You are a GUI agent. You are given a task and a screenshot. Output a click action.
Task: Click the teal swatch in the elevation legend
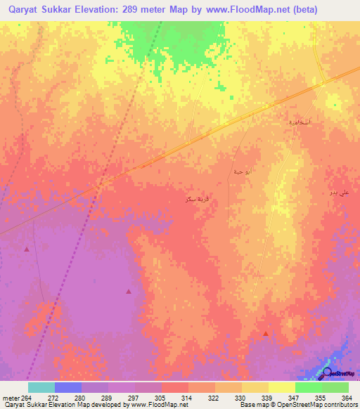coord(41,387)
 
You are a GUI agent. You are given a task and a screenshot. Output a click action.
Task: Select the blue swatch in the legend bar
coord(68,387)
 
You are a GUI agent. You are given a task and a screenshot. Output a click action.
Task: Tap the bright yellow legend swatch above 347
coord(282,387)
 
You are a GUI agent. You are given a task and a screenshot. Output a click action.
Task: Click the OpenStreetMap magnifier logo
coord(327,374)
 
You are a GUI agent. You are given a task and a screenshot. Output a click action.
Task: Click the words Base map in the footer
coord(252,405)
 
